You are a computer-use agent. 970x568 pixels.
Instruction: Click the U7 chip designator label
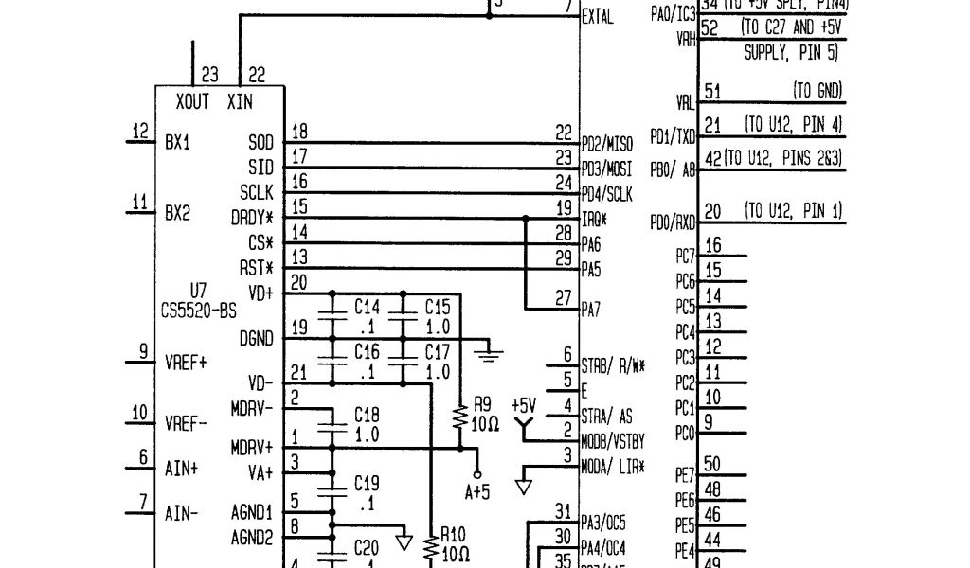coord(198,290)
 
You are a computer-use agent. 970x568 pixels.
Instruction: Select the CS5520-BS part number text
coord(199,309)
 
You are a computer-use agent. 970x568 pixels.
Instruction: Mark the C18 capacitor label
coord(367,415)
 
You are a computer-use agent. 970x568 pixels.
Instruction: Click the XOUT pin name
coord(192,101)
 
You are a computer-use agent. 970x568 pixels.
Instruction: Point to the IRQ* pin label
coord(594,219)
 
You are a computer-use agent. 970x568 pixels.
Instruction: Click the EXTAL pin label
coord(597,16)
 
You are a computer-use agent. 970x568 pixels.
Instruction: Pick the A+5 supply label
coord(477,491)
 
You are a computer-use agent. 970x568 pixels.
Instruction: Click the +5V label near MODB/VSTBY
coord(523,405)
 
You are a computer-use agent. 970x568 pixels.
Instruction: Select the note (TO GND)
coord(817,91)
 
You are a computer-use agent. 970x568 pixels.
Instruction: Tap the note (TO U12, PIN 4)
coord(794,124)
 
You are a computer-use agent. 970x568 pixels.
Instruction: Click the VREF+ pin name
coord(186,363)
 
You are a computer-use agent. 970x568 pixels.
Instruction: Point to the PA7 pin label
coord(591,309)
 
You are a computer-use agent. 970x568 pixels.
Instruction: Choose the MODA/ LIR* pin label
coord(613,466)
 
